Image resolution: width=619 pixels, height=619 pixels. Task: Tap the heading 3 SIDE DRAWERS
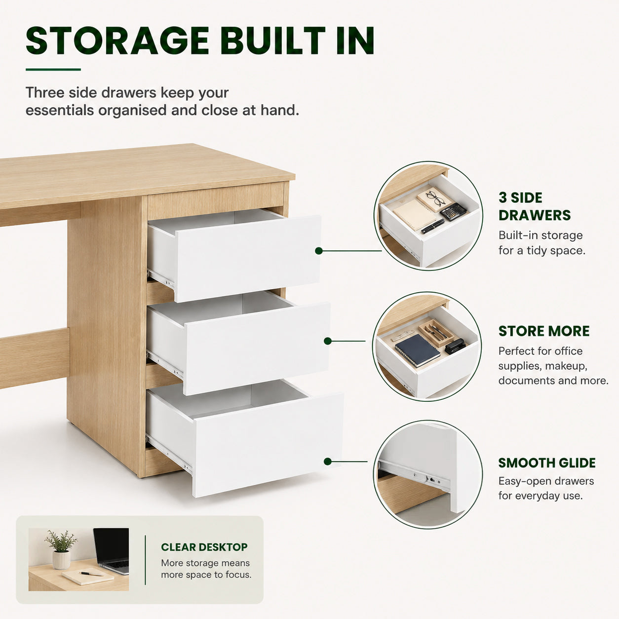[x=535, y=206]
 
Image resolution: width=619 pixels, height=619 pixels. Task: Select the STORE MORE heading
[x=544, y=331]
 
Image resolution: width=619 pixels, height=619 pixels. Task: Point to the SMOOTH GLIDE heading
[x=547, y=463]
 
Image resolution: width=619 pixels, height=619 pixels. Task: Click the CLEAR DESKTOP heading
[x=204, y=547]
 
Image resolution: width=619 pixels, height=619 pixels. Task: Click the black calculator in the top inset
[x=453, y=211]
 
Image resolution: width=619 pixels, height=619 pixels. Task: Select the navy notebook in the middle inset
[x=417, y=350]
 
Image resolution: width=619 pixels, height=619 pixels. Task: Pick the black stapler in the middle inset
[x=455, y=346]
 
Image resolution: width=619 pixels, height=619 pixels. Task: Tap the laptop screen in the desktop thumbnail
[x=112, y=546]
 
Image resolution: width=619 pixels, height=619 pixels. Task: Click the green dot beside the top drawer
[x=319, y=251]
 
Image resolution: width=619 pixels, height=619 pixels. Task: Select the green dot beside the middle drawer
[x=327, y=341]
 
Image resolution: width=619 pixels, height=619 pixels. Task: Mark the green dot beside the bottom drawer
[x=327, y=462]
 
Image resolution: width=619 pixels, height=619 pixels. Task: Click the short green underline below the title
[x=53, y=70]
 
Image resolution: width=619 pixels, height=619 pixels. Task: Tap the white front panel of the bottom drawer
[x=268, y=445]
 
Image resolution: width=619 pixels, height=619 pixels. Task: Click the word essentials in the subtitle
[x=60, y=111]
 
